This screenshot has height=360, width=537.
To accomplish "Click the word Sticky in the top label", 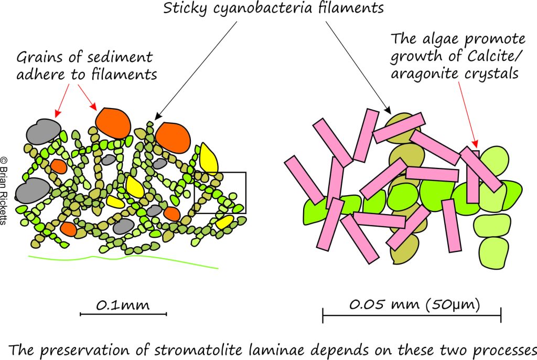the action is (185, 8).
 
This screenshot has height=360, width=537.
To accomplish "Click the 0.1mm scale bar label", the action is (123, 305).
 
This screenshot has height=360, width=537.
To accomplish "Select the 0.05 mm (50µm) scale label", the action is (414, 304).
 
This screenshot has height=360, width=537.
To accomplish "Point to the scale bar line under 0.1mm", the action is (123, 314).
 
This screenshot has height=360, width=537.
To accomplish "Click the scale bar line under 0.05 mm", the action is (412, 315).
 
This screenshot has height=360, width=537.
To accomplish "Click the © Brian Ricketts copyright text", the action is (4, 190).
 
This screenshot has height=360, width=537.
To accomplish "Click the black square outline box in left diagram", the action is (220, 173).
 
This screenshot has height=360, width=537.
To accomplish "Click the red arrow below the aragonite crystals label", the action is (467, 114).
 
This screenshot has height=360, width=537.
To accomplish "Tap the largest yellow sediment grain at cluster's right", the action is (208, 158).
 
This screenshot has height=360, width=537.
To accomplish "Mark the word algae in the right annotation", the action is (439, 39).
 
